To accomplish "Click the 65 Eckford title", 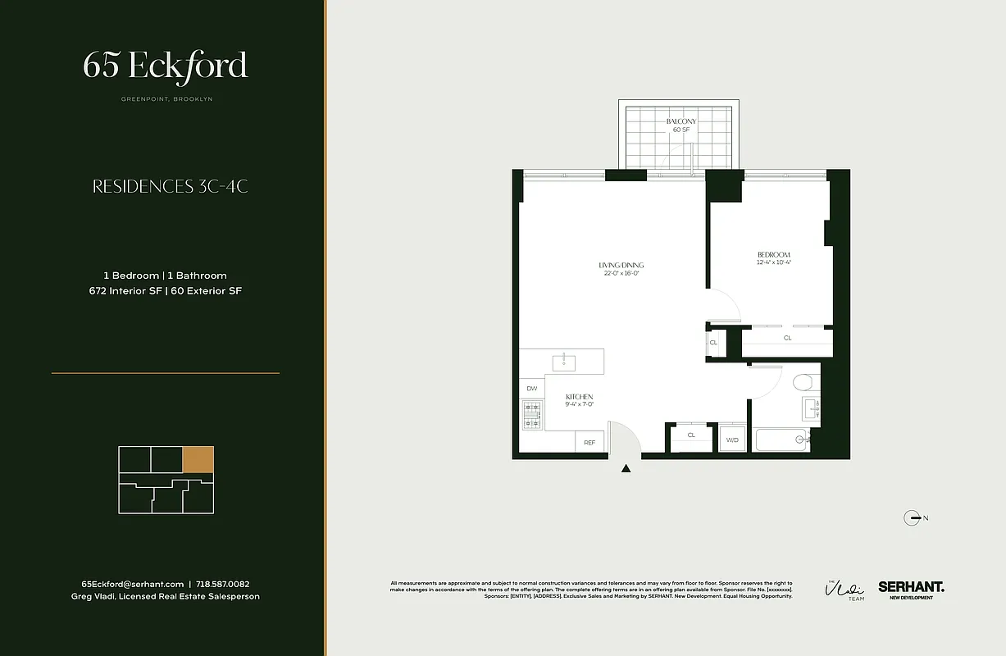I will tap(165, 66).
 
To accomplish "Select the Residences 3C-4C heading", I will tap(170, 186).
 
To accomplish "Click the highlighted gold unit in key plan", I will tap(198, 459).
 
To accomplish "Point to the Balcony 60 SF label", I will tap(681, 125).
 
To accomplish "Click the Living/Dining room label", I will tap(621, 269).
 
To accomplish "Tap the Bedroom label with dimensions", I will tap(773, 259).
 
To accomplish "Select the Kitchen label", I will tap(579, 400).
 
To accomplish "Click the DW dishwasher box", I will tap(531, 389).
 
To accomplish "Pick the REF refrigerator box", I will tap(589, 442).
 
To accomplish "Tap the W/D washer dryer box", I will tap(732, 439).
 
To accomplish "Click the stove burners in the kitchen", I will tap(532, 414).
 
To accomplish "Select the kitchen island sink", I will tap(563, 361).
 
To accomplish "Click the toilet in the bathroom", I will tap(802, 383).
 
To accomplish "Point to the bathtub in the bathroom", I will tap(783, 440).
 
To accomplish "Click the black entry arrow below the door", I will tap(626, 469).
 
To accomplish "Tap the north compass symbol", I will tap(911, 517).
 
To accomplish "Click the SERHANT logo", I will tap(911, 587).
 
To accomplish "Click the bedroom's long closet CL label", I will tap(787, 338).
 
